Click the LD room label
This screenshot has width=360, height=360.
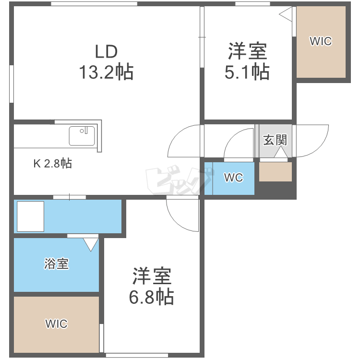(x=106, y=51)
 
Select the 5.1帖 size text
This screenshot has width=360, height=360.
(x=247, y=72)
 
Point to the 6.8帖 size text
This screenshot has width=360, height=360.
(x=151, y=297)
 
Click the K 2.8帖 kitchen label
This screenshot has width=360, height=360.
(x=52, y=164)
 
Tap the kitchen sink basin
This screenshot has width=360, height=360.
(x=82, y=136)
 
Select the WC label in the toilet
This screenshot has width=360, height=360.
(x=234, y=178)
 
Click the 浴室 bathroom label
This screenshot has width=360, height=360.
(x=56, y=264)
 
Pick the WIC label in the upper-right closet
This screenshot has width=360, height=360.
(x=320, y=41)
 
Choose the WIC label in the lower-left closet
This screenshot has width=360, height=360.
(x=56, y=323)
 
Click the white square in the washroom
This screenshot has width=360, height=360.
(x=30, y=216)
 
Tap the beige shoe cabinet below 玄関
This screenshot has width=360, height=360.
(x=276, y=172)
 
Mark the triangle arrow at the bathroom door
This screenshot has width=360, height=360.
(x=90, y=245)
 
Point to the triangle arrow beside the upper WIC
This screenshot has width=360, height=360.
(x=286, y=14)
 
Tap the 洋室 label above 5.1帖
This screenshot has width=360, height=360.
(x=247, y=51)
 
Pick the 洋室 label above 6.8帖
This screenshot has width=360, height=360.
(x=151, y=276)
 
